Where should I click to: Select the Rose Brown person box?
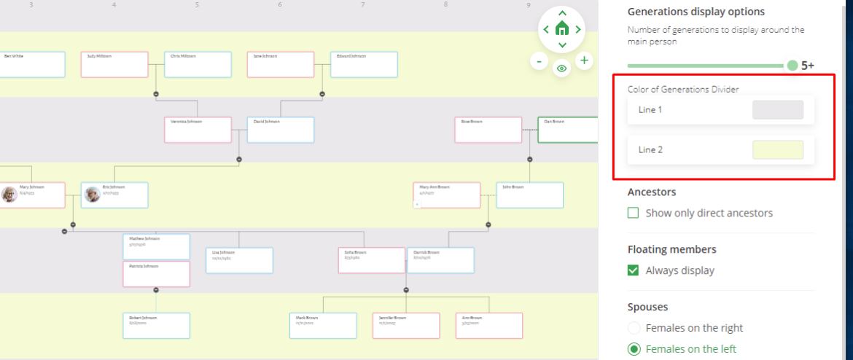point(488,130)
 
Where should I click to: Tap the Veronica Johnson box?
point(198,130)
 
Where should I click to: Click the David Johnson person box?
point(281,130)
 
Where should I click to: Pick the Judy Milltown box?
point(114,64)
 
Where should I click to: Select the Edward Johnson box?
point(364,64)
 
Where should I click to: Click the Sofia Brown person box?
point(372,260)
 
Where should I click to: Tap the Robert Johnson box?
point(156,326)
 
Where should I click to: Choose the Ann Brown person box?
point(489,326)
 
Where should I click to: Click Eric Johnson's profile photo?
point(93,195)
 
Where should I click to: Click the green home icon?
point(561,29)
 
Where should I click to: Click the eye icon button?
point(561,69)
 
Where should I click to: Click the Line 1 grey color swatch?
point(777,110)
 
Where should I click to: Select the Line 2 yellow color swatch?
point(777,150)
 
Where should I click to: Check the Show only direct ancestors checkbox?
point(634,214)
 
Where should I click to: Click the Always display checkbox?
point(634,270)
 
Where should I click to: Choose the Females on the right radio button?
point(634,328)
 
